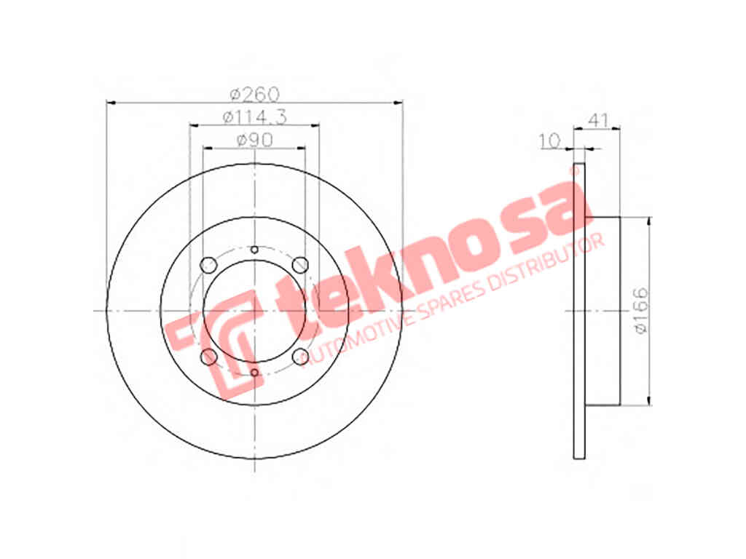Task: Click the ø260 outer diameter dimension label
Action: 255,94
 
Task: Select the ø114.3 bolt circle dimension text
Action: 255,117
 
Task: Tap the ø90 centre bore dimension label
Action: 254,140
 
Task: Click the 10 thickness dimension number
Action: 550,140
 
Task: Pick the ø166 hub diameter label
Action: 642,310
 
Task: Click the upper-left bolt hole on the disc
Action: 208,265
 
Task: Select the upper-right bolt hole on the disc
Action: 300,265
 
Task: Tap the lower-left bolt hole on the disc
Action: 208,357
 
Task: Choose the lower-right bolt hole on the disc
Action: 300,357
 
